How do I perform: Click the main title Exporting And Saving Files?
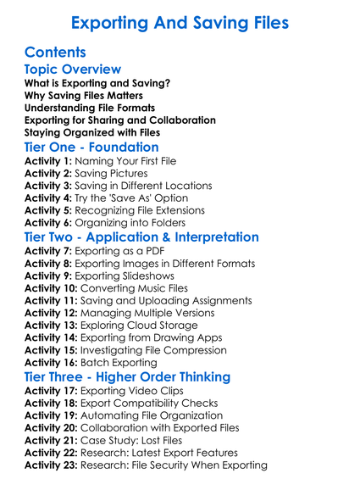tap(180, 21)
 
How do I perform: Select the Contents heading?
tap(55, 53)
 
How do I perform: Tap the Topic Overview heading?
tap(73, 69)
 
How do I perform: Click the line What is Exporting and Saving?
tap(97, 83)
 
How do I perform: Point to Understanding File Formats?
tap(90, 108)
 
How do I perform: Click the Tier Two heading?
tap(142, 237)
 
